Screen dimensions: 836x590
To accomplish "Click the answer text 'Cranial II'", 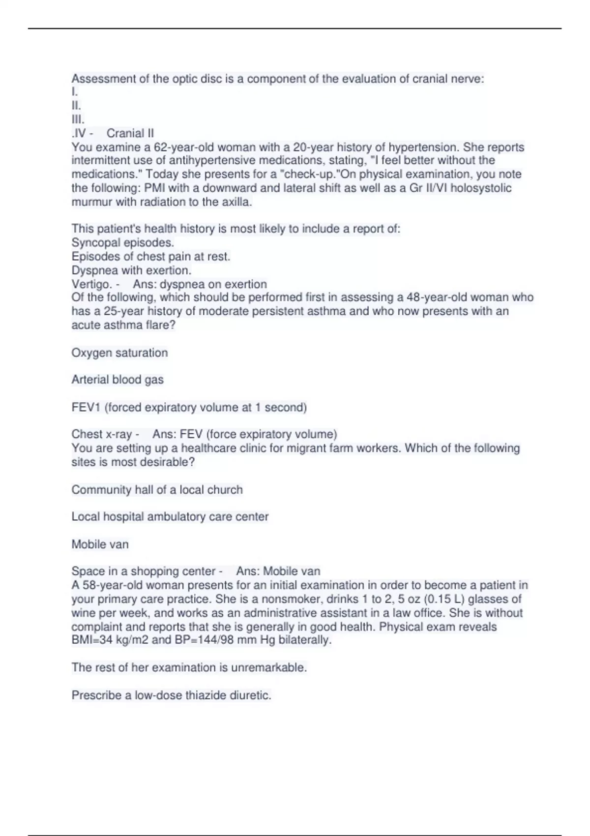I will [130, 133].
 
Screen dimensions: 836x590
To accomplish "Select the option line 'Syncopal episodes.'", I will [122, 242].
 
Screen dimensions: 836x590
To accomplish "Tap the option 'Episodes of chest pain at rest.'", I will [150, 256].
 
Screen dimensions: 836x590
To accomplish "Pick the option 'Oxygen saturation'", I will [119, 353].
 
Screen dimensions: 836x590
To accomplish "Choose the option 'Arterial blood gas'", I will [117, 380].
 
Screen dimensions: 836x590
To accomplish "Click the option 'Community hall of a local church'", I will [157, 490].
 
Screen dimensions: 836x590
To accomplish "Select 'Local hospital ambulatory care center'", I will [170, 517].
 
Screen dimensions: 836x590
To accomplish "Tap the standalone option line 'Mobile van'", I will [100, 544].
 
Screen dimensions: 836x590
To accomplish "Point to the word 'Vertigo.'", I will [91, 284].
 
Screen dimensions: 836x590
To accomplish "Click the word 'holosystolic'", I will [480, 188].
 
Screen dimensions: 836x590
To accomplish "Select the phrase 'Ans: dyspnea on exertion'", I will [200, 284].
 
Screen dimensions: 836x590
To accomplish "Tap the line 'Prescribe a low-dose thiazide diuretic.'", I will [171, 695].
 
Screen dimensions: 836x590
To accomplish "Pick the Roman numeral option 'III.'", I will [78, 119].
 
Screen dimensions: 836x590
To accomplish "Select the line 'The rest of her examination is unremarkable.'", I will [189, 667].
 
